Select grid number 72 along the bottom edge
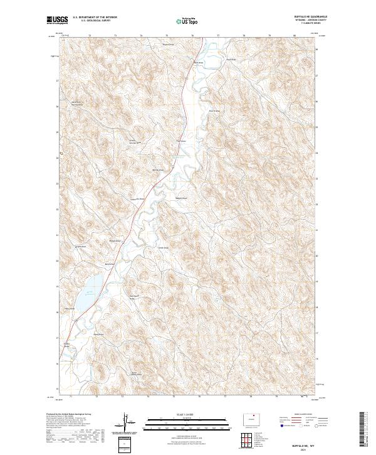(97, 396)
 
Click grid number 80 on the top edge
(295, 36)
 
